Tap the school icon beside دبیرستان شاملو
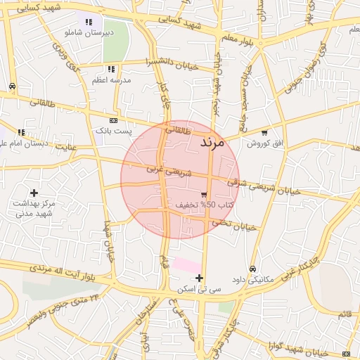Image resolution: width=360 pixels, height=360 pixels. [88, 22]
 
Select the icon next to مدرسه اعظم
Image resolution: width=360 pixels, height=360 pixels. [111, 69]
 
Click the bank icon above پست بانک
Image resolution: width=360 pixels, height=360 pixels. [114, 120]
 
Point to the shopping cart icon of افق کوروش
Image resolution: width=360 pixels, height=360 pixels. [264, 132]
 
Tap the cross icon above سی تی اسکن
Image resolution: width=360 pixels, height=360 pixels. [200, 277]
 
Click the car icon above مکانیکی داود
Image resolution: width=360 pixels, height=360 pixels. [252, 269]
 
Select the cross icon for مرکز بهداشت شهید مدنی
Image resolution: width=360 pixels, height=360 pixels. [34, 192]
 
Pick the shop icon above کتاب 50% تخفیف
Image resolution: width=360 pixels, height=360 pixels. [204, 194]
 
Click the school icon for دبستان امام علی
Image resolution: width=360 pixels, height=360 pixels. [22, 132]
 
